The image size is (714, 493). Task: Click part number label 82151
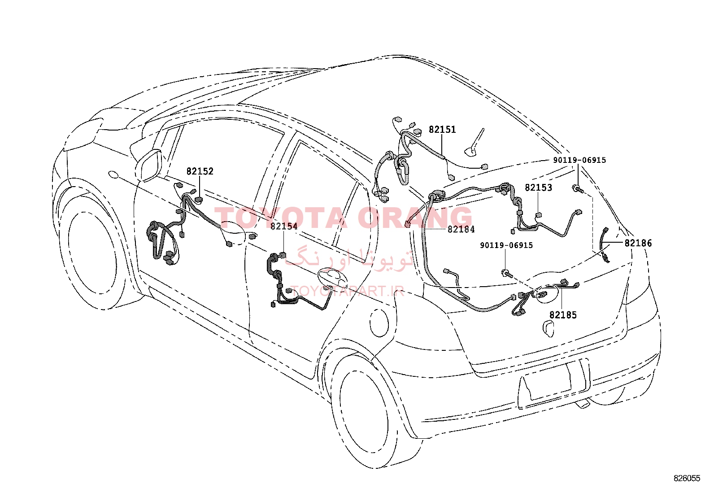[442, 130]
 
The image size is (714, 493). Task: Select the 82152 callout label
[200, 171]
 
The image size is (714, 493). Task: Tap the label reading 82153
[538, 188]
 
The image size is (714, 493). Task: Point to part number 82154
[284, 226]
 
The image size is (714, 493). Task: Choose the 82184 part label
[461, 229]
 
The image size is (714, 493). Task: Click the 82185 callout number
[563, 315]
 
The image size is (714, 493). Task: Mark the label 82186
[638, 243]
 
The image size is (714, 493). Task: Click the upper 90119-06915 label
[579, 160]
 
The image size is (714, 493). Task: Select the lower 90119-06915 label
[506, 245]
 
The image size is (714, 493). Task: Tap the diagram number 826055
[687, 478]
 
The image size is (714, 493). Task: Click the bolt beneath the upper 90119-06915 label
[578, 189]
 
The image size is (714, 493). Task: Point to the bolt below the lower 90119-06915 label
[507, 273]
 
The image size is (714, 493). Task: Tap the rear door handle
[332, 276]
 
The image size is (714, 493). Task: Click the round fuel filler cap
[379, 322]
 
